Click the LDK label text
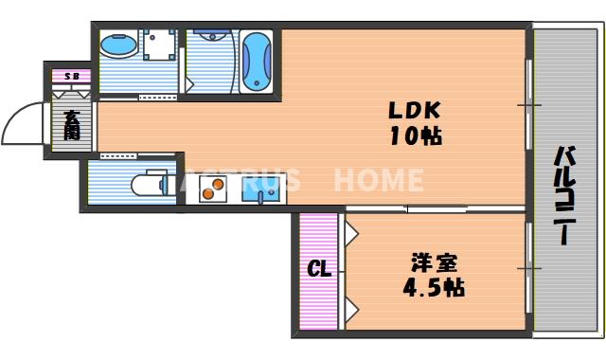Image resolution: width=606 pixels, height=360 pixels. click(x=411, y=109)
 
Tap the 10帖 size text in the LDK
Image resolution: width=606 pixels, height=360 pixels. click(x=414, y=135)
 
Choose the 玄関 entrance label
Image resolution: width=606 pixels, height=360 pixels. click(x=72, y=125)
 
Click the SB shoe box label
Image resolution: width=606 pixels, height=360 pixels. click(x=71, y=76)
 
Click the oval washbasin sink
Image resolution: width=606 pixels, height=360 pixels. click(x=118, y=45)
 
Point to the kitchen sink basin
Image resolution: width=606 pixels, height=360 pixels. click(x=259, y=193)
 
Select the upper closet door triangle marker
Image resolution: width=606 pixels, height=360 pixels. click(x=350, y=231)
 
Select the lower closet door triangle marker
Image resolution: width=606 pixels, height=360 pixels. click(x=350, y=308)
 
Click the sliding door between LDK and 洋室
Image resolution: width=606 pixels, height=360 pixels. click(x=436, y=208)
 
